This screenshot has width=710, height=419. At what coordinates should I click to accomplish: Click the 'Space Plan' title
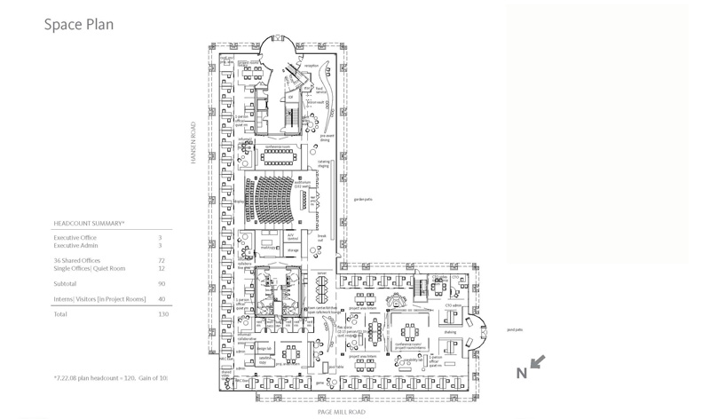79,24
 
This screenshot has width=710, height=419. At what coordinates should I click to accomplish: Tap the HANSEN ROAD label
193,143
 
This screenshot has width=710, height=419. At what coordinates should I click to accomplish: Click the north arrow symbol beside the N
538,361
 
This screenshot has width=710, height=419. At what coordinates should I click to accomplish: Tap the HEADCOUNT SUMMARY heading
90,224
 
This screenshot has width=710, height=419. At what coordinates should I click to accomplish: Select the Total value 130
162,314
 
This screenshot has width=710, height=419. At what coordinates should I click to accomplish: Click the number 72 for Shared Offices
162,260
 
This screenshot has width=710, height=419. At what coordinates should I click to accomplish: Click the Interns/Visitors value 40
162,299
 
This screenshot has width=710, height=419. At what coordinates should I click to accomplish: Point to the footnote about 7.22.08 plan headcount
110,377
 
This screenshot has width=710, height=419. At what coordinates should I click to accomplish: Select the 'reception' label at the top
311,66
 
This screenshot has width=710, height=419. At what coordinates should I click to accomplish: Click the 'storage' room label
293,250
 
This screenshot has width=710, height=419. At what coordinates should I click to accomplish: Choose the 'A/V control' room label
293,237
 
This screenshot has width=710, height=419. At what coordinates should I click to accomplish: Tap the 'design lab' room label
264,349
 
